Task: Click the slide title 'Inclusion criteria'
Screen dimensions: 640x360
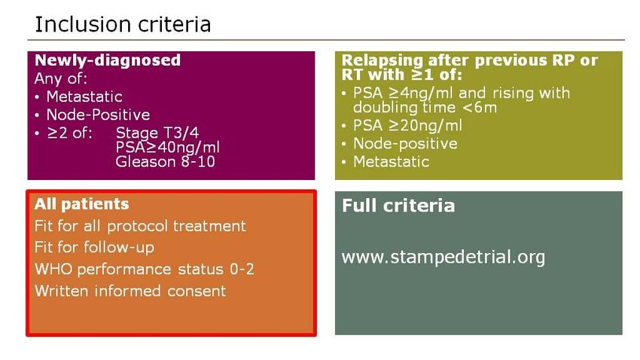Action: (x=123, y=24)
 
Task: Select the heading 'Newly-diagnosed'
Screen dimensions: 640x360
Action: (x=108, y=60)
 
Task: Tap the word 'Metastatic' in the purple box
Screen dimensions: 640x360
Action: (x=84, y=96)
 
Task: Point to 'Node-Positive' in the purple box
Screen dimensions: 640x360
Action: (x=98, y=114)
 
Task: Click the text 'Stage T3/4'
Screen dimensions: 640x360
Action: (x=157, y=133)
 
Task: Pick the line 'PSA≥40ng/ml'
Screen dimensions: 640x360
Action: (x=168, y=147)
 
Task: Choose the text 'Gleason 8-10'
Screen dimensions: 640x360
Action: (x=166, y=162)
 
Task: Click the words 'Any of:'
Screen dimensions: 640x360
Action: (x=61, y=78)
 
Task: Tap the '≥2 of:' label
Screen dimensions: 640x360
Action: (x=70, y=133)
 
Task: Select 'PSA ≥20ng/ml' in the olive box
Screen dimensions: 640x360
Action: (x=408, y=125)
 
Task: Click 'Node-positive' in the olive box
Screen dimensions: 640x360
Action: (x=405, y=144)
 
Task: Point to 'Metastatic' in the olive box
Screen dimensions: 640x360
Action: (x=392, y=162)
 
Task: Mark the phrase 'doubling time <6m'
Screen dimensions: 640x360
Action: (x=425, y=108)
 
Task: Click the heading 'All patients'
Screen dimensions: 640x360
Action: (x=81, y=204)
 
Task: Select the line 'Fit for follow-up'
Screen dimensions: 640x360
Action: (x=94, y=247)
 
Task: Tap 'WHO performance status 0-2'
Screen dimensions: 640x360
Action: (x=145, y=270)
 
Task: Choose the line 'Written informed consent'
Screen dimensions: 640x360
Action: (x=130, y=291)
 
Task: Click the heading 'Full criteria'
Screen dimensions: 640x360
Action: (x=398, y=206)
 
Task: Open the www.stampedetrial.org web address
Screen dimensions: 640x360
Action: (x=443, y=258)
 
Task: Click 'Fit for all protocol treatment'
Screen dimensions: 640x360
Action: (x=140, y=226)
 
